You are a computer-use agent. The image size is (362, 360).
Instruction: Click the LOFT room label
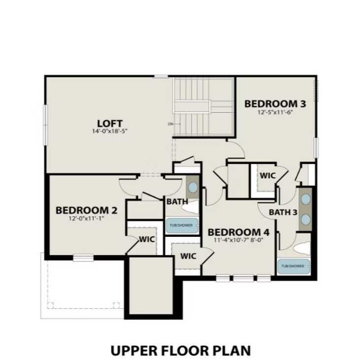[109, 123]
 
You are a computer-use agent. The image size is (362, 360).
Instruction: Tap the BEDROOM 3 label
[275, 104]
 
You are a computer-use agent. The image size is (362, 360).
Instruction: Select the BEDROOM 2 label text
[86, 210]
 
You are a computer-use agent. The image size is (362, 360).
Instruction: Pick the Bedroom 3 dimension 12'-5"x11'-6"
[275, 112]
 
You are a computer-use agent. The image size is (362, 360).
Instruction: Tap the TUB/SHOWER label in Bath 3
[293, 266]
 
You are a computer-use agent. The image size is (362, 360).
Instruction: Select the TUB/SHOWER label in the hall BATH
[181, 225]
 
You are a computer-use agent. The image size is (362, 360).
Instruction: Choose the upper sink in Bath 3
[306, 199]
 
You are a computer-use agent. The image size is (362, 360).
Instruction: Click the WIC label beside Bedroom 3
[267, 175]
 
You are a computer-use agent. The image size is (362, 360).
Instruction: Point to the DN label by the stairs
[170, 124]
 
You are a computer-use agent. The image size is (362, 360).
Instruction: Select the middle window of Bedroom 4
[243, 278]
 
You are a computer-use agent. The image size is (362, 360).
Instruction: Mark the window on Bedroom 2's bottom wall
[83, 257]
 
